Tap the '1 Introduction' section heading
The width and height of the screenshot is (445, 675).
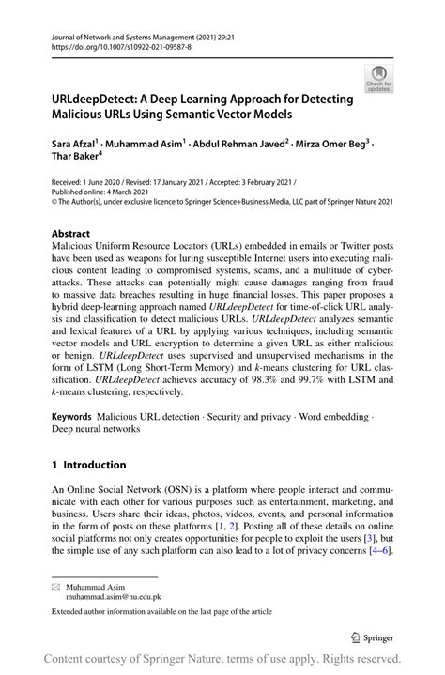88,464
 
